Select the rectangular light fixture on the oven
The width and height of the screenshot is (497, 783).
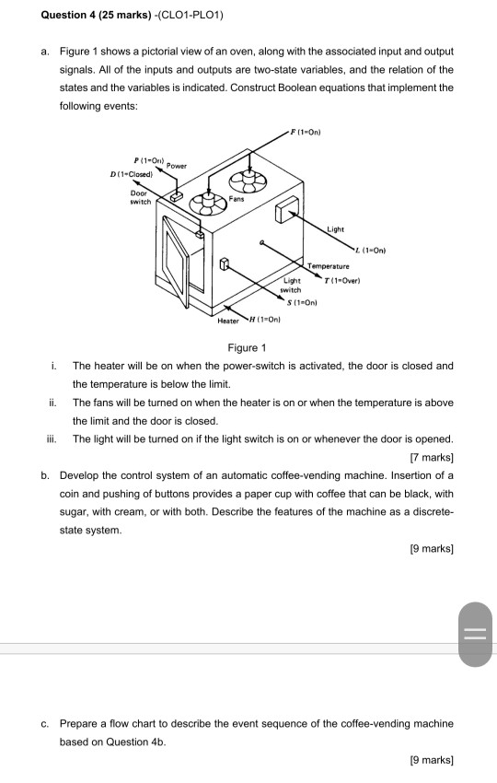pyautogui.click(x=285, y=210)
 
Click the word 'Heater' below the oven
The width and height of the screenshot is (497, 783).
pyautogui.click(x=227, y=321)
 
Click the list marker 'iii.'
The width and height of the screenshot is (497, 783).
pyautogui.click(x=52, y=438)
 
